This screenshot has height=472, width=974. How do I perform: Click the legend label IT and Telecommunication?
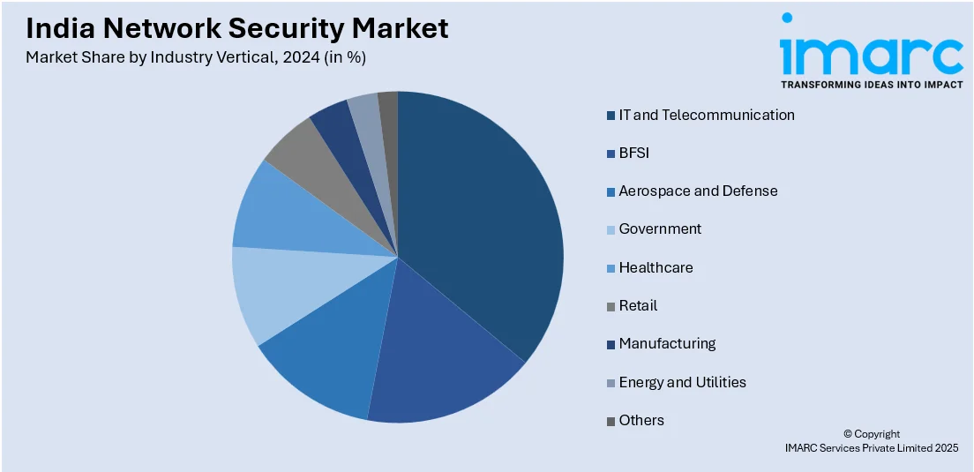click(707, 115)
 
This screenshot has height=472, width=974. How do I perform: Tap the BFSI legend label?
click(633, 153)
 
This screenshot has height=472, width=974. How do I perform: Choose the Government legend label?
click(660, 229)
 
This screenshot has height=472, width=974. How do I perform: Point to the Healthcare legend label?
click(656, 267)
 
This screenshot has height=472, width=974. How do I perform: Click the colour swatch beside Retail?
click(611, 306)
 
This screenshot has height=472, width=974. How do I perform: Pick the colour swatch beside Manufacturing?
click(611, 344)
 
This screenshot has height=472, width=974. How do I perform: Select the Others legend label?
click(641, 420)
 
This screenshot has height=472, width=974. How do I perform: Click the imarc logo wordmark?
click(872, 55)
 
